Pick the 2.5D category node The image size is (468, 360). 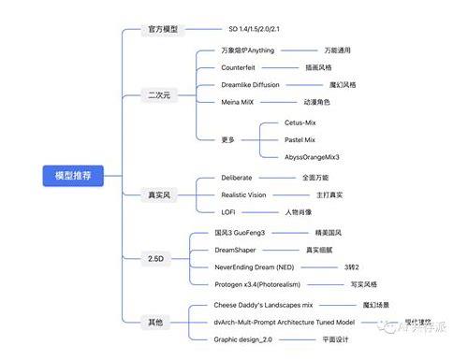click(156, 257)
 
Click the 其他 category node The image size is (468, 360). click(155, 322)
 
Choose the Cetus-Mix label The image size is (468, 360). click(306, 122)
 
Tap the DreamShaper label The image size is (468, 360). click(241, 250)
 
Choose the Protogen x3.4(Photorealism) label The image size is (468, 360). click(271, 284)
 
